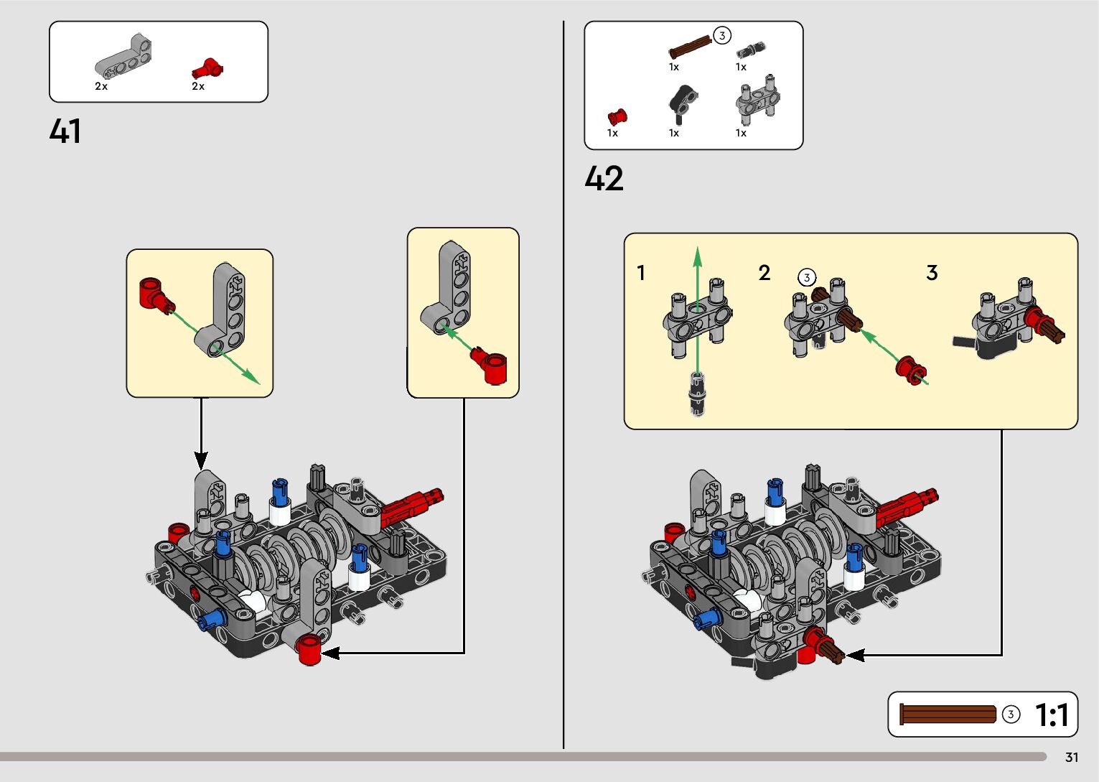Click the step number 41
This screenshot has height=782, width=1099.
click(x=65, y=131)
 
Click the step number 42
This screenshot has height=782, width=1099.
click(x=604, y=179)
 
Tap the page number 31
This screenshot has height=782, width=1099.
click(x=1072, y=758)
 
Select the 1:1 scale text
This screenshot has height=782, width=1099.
click(x=1052, y=715)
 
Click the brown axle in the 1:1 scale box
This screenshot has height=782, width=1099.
click(x=948, y=714)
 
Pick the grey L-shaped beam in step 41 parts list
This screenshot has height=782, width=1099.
click(x=124, y=57)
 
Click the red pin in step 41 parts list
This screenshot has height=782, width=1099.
click(x=207, y=69)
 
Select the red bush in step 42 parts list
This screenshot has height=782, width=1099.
click(x=617, y=116)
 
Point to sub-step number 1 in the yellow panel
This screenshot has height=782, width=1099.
click(x=641, y=273)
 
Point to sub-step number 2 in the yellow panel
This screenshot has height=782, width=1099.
click(x=764, y=273)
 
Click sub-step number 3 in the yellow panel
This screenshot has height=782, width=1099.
click(x=932, y=273)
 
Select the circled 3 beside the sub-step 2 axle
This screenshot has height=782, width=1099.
click(x=807, y=277)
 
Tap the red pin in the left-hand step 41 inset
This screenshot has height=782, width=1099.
click(x=155, y=294)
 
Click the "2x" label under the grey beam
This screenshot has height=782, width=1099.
click(x=101, y=86)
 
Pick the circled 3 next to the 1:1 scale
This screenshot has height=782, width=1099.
click(x=1011, y=714)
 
